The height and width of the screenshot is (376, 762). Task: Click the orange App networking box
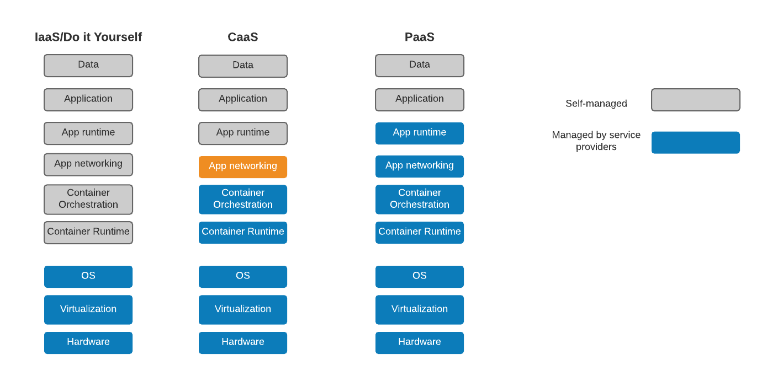point(243,166)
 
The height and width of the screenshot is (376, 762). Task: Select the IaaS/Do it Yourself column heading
point(88,37)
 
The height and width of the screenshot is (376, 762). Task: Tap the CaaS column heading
point(243,37)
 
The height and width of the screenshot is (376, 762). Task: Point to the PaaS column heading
point(420,37)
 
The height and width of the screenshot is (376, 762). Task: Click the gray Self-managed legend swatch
point(695,100)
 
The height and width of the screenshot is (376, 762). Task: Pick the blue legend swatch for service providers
point(695,142)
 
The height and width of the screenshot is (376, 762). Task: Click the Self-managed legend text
point(596,104)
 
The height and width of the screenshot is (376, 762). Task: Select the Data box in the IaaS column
point(88,66)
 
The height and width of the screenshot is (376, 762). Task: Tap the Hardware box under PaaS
point(420,342)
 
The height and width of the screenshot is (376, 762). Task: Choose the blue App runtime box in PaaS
point(420,133)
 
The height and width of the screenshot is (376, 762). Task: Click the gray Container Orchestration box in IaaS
point(88,199)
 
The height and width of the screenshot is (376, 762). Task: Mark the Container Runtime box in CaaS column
point(243,232)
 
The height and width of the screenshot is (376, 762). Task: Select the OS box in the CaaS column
point(243,276)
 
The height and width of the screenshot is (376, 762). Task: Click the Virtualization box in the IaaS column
point(88,309)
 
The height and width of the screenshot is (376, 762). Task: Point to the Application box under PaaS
point(420,100)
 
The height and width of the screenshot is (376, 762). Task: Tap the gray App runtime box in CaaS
point(243,133)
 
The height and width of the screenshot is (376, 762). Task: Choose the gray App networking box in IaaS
point(88,164)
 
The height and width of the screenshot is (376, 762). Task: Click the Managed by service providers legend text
point(596,141)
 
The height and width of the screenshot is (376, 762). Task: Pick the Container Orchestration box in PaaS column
point(420,199)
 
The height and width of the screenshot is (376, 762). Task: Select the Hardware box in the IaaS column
point(88,342)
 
